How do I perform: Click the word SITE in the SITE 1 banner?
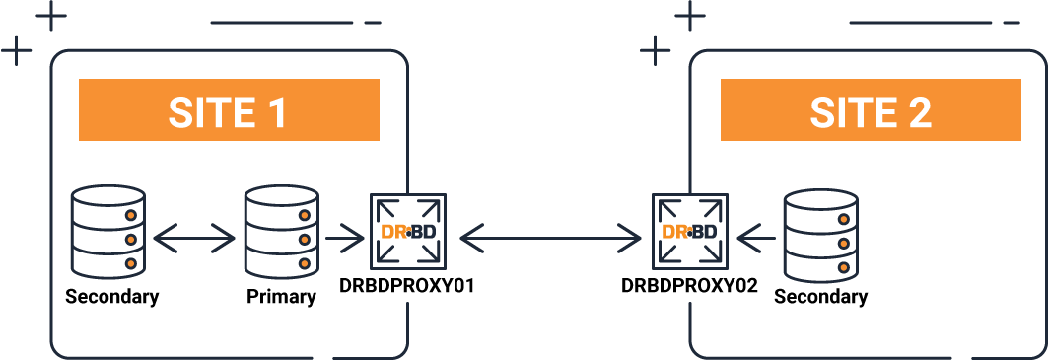(209, 111)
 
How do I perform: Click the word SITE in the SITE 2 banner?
(850, 111)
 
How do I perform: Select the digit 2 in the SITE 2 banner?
(917, 111)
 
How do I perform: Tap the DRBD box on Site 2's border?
(690, 233)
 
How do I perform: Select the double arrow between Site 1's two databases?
(194, 237)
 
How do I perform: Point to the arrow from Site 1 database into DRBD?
(344, 237)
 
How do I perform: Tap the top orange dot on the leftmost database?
(128, 214)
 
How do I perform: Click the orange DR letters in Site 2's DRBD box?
(675, 233)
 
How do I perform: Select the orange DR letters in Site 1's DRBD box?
(393, 233)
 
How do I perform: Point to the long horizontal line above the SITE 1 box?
(281, 23)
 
